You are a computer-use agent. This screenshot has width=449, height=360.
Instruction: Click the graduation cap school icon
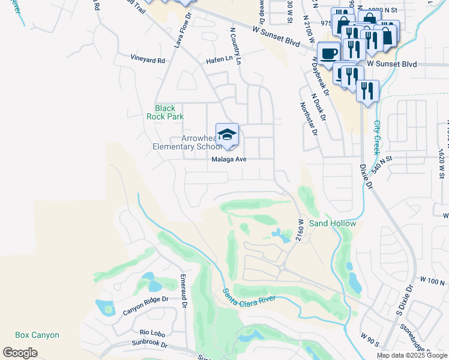pos(227,136)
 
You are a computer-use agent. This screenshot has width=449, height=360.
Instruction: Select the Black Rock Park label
pos(165,112)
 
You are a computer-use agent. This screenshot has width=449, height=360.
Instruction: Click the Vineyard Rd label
pos(148,60)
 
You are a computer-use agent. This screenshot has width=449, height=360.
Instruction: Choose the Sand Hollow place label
pos(333,223)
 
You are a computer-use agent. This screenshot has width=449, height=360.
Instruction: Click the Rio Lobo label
pos(152,332)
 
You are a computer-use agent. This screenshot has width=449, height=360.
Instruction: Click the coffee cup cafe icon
pos(328,53)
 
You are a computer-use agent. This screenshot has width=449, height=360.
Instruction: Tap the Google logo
pos(20,352)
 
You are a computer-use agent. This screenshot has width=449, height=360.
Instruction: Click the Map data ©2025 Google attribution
pos(412,355)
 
